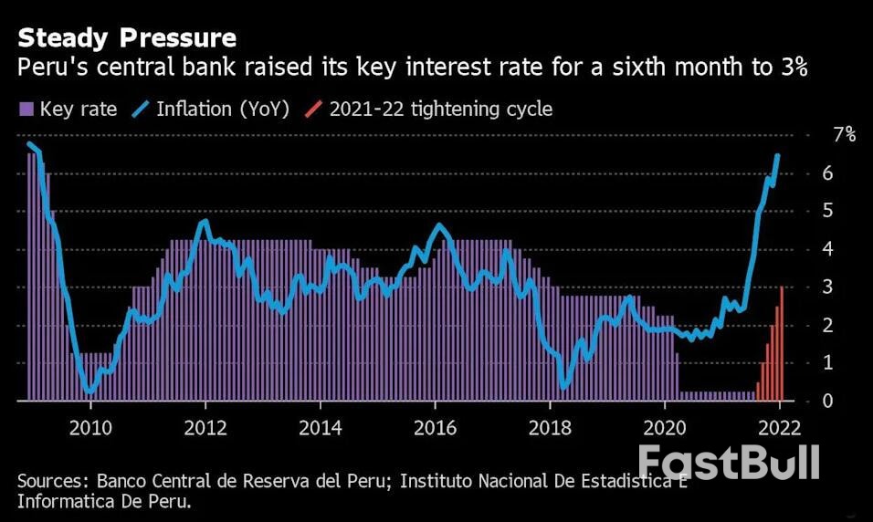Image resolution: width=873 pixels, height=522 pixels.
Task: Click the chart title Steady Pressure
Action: point(127,38)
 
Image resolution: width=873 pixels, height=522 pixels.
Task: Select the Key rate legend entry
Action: point(68,110)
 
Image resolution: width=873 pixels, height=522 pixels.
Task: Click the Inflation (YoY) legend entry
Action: point(211,110)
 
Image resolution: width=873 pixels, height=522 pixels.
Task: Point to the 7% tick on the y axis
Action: point(844,135)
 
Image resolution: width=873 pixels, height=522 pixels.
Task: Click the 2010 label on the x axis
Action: point(90,428)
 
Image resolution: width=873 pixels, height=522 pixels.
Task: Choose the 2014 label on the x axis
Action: point(321,428)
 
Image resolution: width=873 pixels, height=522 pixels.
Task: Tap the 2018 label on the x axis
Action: point(551,428)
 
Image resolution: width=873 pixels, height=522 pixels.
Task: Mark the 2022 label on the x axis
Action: point(781,428)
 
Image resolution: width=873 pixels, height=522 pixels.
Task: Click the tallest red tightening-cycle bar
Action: point(782,343)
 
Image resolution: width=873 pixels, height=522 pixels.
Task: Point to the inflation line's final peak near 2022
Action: point(777,156)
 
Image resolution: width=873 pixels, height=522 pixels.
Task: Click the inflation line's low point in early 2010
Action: point(89,391)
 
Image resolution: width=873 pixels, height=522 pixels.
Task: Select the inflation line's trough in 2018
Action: point(563,387)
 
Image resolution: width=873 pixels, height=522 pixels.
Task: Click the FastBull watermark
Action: point(728,462)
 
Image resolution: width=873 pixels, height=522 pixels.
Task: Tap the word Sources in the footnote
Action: point(51,482)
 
